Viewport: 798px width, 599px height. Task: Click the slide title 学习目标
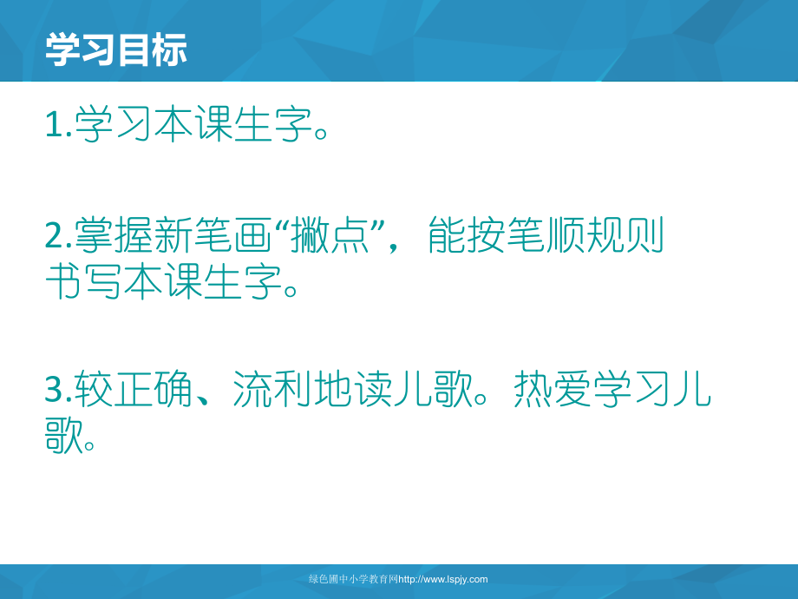pos(116,51)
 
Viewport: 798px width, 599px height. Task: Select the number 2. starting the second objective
pos(58,235)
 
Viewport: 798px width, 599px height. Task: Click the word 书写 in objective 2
pos(84,282)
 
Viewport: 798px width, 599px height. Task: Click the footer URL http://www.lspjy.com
pos(443,579)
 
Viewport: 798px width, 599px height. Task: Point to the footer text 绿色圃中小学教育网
pos(353,579)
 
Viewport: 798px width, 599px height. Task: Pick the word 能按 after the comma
pos(468,235)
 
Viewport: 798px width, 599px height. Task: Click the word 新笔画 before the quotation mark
pos(212,235)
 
